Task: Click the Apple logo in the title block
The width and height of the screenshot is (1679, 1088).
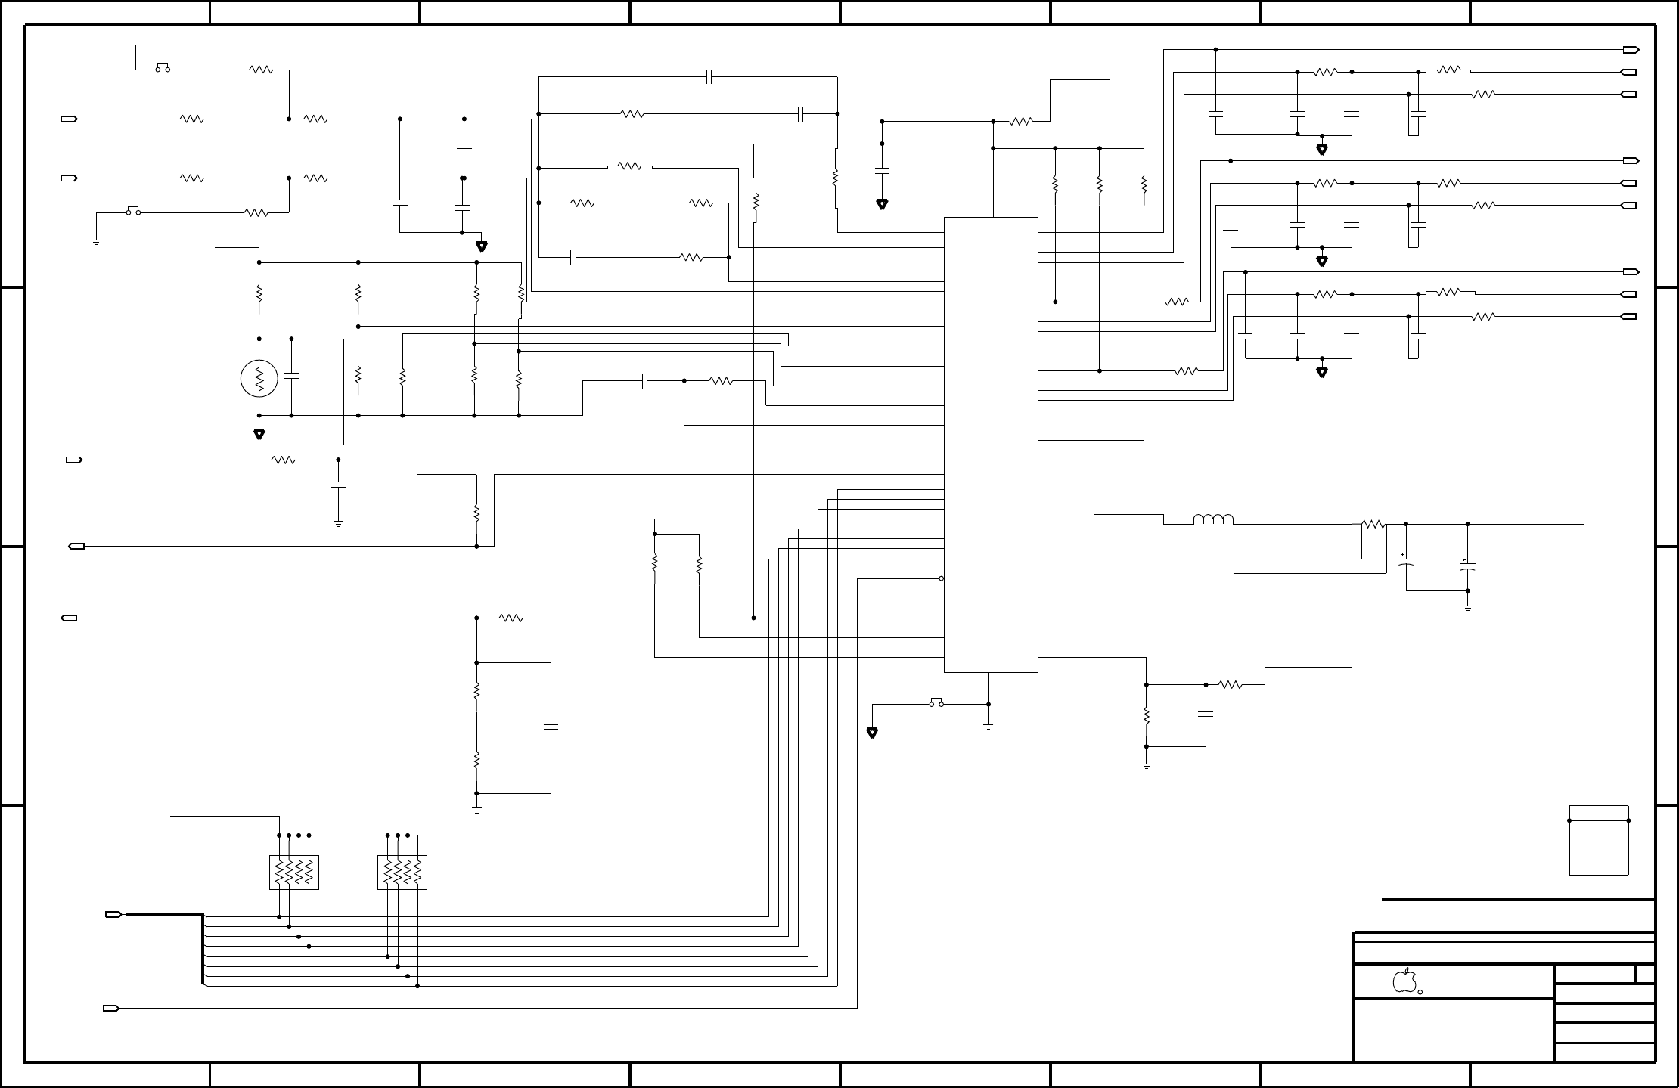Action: (1404, 981)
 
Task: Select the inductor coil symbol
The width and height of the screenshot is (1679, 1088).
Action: (1213, 519)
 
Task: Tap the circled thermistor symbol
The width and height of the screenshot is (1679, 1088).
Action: (259, 379)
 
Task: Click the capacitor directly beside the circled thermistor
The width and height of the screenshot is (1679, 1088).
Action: (292, 376)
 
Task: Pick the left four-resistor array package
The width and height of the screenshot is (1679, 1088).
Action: (294, 873)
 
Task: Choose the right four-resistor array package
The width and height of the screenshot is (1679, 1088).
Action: (402, 873)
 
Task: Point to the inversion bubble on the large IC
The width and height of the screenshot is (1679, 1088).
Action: (941, 578)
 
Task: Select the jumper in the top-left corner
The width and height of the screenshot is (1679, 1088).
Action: (163, 67)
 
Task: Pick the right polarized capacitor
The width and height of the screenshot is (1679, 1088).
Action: (1467, 565)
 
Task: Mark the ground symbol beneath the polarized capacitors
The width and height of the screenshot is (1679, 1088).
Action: (1467, 606)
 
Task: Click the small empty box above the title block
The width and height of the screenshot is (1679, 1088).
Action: (1599, 840)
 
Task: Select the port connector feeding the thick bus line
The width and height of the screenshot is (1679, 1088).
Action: (113, 915)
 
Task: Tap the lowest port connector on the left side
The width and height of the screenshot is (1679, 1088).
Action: (110, 1009)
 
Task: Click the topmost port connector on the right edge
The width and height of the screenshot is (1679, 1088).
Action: (1631, 50)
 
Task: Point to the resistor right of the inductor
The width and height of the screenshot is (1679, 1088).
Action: (1373, 524)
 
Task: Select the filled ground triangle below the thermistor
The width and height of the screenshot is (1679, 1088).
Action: (259, 434)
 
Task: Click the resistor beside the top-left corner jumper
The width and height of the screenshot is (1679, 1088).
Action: (261, 70)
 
